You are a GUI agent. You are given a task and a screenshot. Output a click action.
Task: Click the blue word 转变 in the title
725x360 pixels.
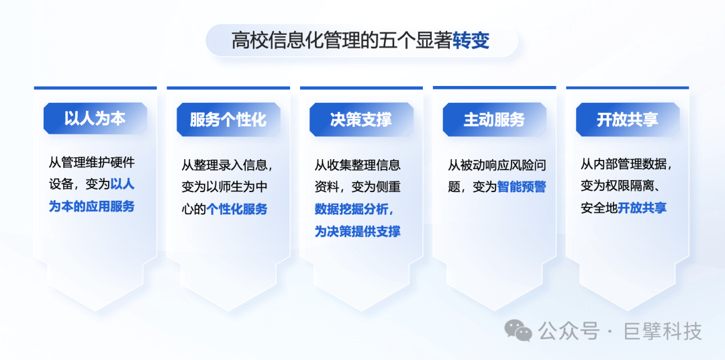(471, 41)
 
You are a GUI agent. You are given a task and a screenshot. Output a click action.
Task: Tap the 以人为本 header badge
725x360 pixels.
(95, 120)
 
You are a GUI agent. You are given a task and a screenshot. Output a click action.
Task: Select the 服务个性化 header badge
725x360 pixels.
(228, 120)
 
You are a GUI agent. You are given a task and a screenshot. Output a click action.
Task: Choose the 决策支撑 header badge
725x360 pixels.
(362, 120)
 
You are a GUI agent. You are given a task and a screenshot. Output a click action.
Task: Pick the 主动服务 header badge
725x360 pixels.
(495, 120)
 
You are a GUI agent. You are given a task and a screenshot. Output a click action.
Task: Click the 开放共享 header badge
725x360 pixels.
(628, 120)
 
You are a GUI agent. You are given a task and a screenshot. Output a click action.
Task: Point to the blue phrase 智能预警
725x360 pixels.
(522, 187)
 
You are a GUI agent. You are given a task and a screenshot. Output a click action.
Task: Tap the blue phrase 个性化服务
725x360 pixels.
(237, 209)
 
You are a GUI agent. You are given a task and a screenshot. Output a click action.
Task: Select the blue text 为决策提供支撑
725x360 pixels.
(358, 231)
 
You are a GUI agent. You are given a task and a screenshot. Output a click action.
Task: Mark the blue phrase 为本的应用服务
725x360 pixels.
(91, 206)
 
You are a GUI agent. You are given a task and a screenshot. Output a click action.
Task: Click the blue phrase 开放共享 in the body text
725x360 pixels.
(642, 208)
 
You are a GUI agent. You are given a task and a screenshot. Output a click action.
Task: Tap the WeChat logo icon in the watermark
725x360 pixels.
(518, 330)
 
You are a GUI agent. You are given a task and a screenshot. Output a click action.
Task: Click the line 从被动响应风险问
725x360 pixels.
(497, 165)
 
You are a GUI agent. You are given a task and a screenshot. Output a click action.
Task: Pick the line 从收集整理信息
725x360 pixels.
(358, 165)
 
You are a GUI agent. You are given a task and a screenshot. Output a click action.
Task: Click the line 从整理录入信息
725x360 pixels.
(228, 165)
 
